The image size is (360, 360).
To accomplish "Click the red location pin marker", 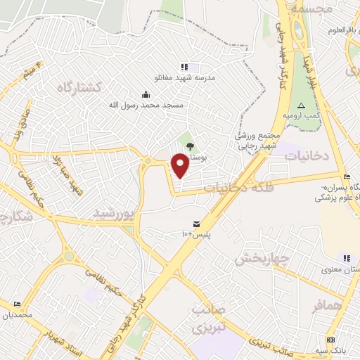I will click(181, 165).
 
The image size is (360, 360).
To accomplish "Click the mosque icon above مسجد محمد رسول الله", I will click(146, 94).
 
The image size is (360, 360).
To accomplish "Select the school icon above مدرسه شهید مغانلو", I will click(185, 67).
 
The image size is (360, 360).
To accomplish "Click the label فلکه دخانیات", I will click(233, 188).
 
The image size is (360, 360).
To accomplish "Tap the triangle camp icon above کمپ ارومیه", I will click(301, 105).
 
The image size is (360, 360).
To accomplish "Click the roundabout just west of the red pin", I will click(148, 162).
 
